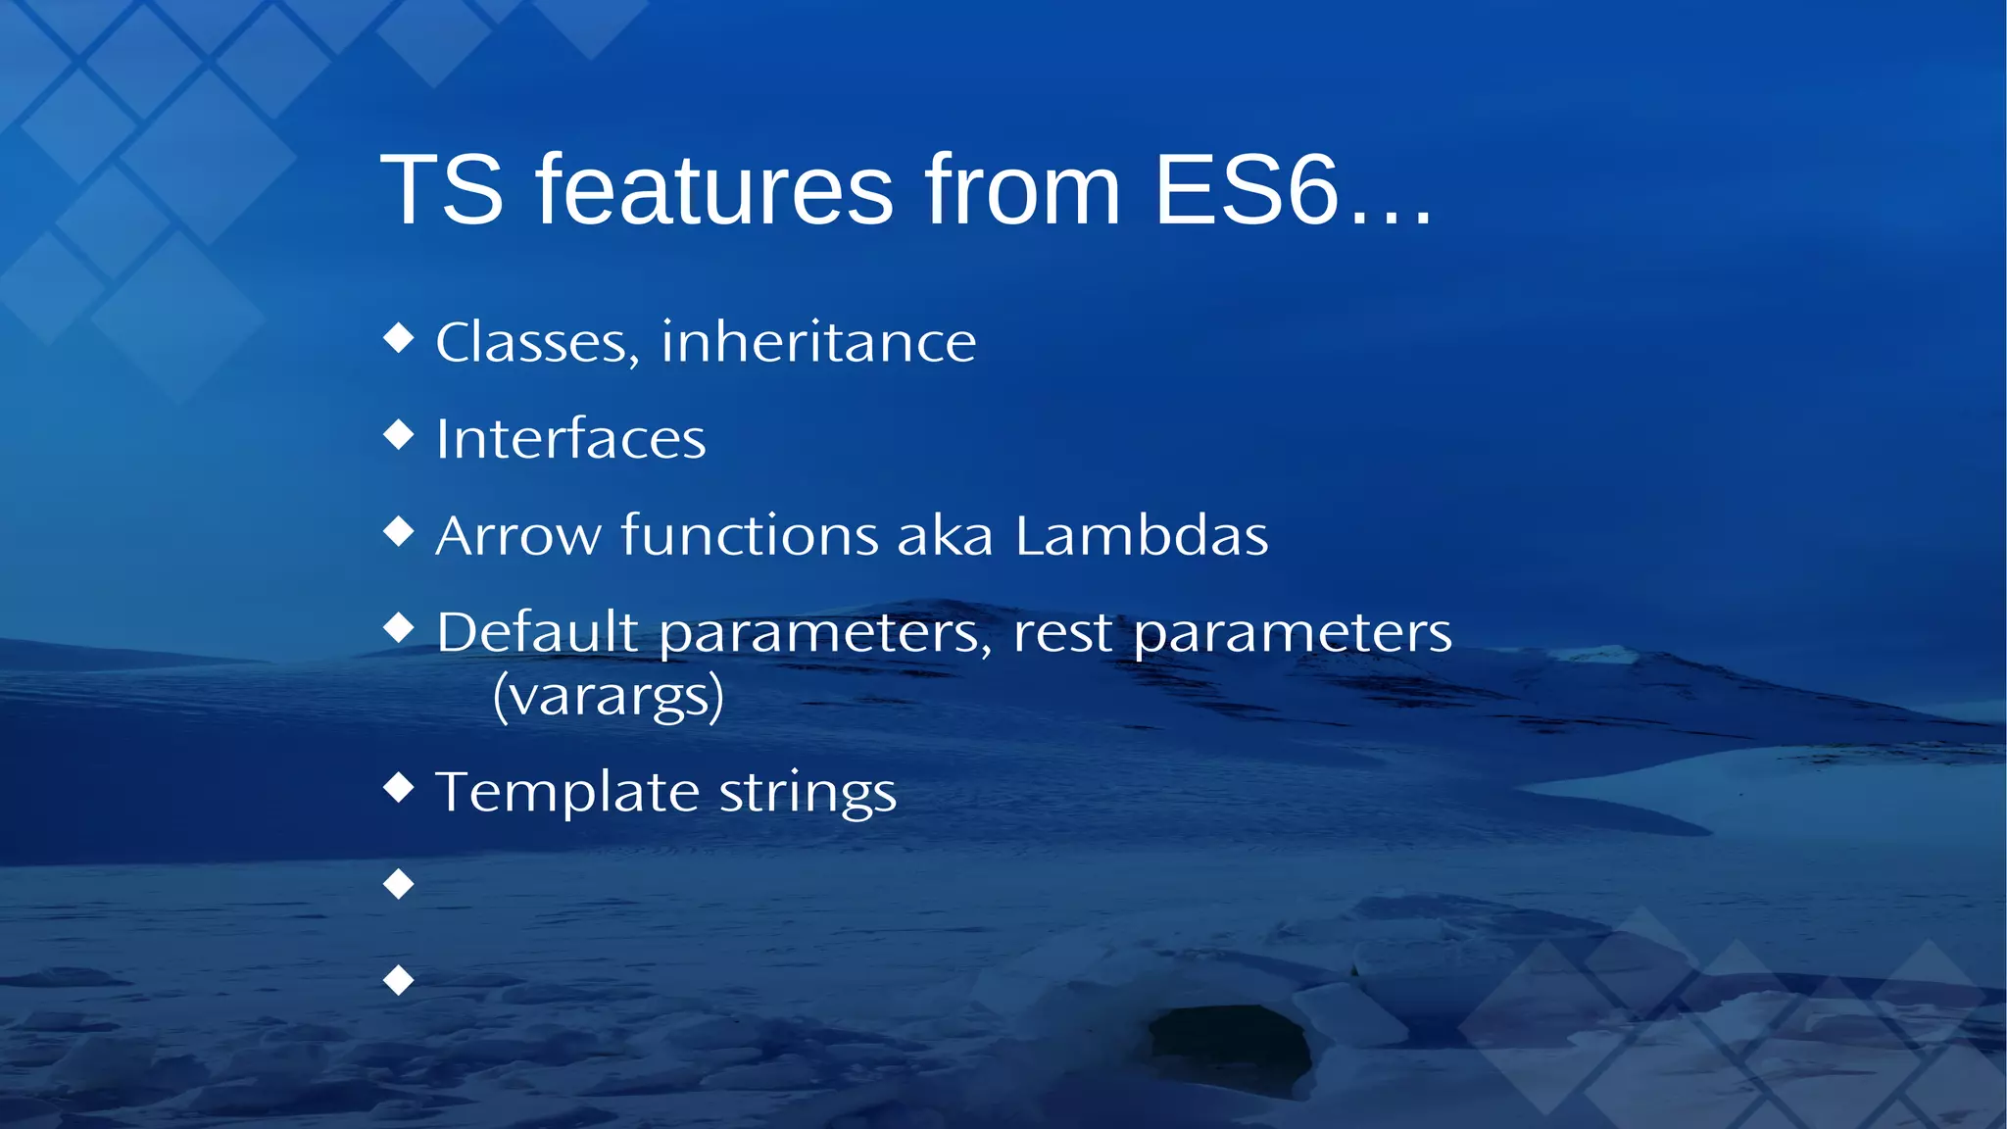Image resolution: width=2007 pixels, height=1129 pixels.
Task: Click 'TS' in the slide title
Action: pyautogui.click(x=442, y=190)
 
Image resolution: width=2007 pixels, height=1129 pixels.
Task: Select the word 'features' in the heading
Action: pyautogui.click(x=714, y=190)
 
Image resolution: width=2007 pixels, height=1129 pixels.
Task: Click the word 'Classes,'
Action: pyautogui.click(x=538, y=343)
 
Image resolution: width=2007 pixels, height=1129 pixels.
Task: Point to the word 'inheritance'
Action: pyautogui.click(x=818, y=343)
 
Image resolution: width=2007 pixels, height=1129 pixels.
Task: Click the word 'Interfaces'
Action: pyautogui.click(x=570, y=439)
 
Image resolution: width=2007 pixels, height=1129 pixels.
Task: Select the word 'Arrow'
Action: pyautogui.click(x=517, y=536)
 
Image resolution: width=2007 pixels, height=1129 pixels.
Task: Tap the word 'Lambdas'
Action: pyautogui.click(x=1142, y=536)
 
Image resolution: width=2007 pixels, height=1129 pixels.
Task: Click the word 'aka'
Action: pyautogui.click(x=945, y=536)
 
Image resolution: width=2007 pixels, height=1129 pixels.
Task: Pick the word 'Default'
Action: pyautogui.click(x=537, y=632)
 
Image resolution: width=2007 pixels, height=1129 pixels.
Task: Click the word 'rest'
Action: pyautogui.click(x=1062, y=632)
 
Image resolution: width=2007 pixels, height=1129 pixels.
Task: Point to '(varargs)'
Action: pyautogui.click(x=609, y=697)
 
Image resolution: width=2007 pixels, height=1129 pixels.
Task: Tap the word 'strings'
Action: pyautogui.click(x=808, y=792)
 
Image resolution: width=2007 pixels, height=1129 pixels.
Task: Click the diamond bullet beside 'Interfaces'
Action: pyautogui.click(x=399, y=434)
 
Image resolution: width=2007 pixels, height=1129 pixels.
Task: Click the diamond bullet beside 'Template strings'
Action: pyautogui.click(x=399, y=787)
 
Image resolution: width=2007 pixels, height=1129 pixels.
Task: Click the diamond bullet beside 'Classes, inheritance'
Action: pyautogui.click(x=399, y=338)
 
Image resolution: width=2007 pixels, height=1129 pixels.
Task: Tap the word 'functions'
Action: pyautogui.click(x=750, y=536)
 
